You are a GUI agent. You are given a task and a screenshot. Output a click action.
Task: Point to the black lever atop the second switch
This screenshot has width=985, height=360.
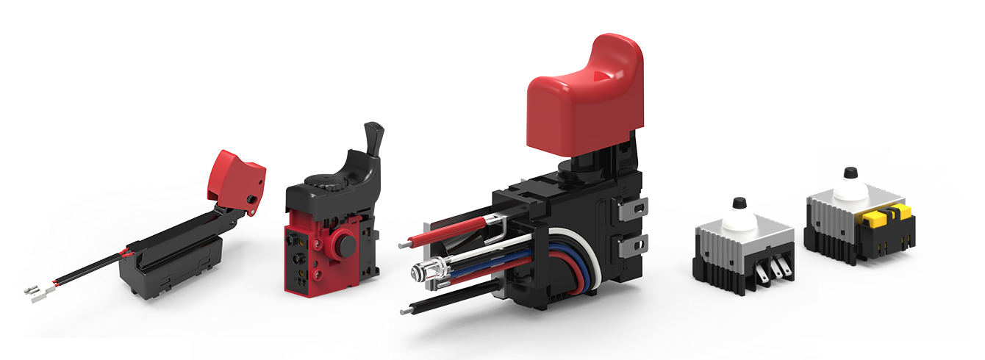pos(374,140)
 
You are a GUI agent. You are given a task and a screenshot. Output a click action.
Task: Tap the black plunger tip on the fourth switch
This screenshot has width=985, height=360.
pos(739,203)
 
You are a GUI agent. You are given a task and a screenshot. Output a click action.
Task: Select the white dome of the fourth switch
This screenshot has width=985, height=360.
pos(740,219)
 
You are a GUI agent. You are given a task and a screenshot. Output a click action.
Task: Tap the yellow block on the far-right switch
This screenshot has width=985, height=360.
pos(885,217)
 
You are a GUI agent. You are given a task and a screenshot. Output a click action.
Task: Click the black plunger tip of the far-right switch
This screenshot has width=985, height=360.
pos(850,173)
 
